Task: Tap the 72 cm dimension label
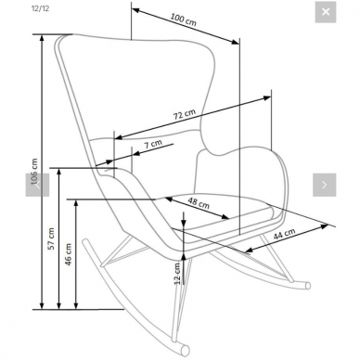click(185, 114)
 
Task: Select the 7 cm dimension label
click(153, 144)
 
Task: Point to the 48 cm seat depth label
click(199, 203)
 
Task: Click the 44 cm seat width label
click(284, 234)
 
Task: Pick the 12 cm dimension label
click(177, 274)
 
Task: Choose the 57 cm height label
click(51, 238)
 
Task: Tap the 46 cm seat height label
click(68, 254)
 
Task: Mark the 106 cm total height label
click(34, 172)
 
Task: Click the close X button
click(326, 12)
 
